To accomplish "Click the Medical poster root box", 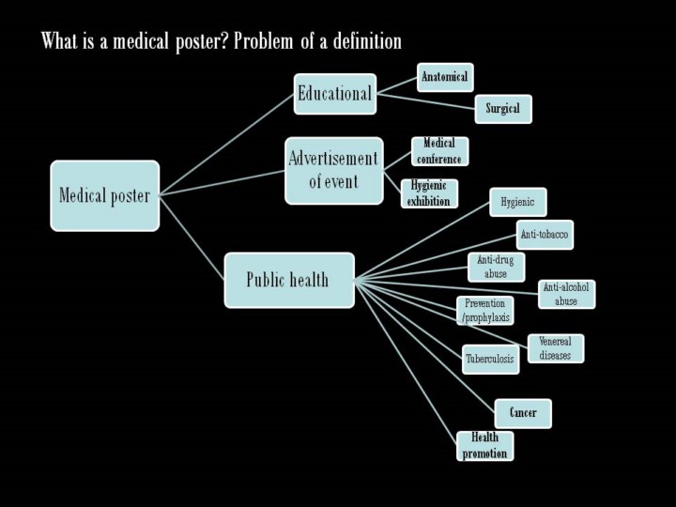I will (x=105, y=195).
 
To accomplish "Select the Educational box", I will (x=334, y=94).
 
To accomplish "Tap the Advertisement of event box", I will (x=333, y=170).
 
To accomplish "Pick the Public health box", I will (x=289, y=280).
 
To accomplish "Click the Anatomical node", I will (x=445, y=77).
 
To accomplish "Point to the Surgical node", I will (x=503, y=109).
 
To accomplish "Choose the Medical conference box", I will (x=439, y=151).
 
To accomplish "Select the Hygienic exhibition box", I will (x=429, y=193).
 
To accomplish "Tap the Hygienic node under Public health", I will (x=517, y=202).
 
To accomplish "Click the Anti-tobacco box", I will (x=545, y=234).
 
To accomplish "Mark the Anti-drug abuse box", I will (x=496, y=267).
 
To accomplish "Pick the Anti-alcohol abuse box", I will (x=566, y=294).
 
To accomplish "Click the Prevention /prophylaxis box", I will (x=485, y=311).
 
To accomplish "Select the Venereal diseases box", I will (x=555, y=348).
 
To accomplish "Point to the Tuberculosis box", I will (x=490, y=359).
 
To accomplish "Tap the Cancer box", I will (x=523, y=413).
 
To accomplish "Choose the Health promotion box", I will (x=485, y=445).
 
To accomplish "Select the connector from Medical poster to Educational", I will (x=225, y=142).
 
